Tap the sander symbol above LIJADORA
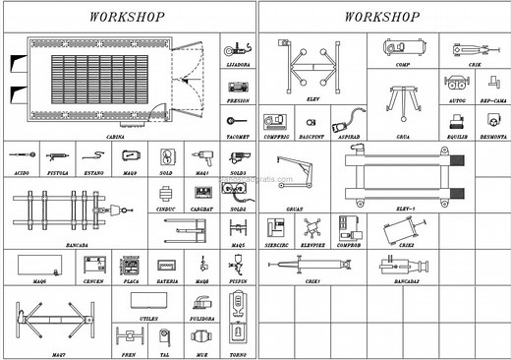click(236, 48)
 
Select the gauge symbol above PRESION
click(237, 86)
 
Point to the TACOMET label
click(237, 137)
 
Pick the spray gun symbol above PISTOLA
click(58, 155)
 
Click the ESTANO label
click(94, 172)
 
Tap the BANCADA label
click(74, 245)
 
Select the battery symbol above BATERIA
click(167, 265)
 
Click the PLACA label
click(129, 281)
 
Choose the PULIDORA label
click(202, 319)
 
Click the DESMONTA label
click(493, 137)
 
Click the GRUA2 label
click(294, 209)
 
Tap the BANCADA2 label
click(407, 281)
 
